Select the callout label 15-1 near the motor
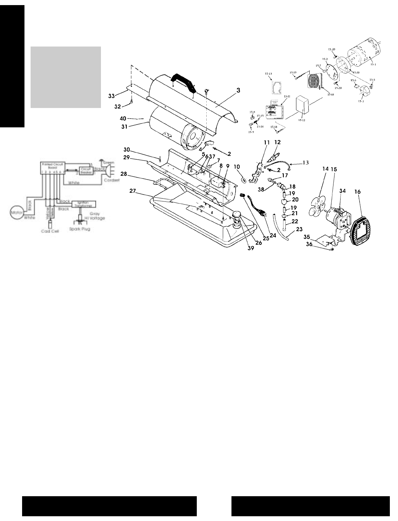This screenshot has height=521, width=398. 374,64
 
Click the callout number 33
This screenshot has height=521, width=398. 121,96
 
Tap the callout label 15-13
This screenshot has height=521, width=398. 268,73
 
